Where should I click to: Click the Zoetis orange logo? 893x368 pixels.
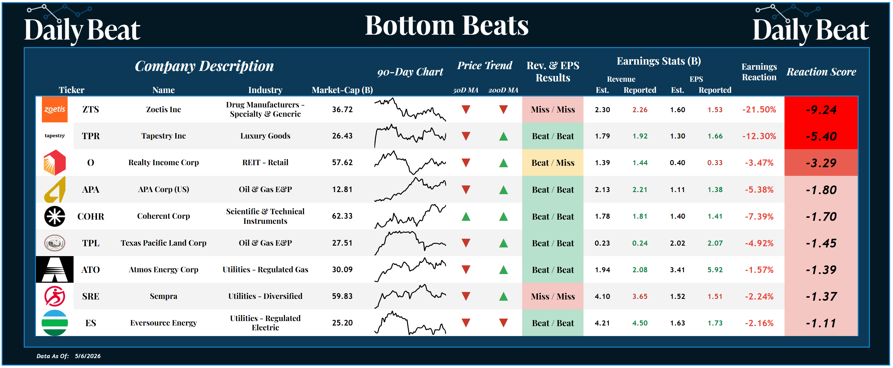(x=54, y=110)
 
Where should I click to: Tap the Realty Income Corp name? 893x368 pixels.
(x=163, y=163)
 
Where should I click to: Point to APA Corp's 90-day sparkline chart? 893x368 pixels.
(x=410, y=189)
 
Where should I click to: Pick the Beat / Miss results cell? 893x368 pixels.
(x=553, y=163)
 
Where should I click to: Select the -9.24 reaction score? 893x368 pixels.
(x=821, y=110)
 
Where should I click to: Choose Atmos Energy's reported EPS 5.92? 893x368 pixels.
(x=715, y=270)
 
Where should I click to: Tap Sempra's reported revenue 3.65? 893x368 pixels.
(x=640, y=296)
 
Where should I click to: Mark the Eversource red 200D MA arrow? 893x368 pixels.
(x=503, y=323)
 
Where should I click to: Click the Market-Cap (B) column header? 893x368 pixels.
(x=342, y=90)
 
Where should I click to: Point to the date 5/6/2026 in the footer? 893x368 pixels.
(x=88, y=356)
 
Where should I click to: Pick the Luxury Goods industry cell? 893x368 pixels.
(x=265, y=136)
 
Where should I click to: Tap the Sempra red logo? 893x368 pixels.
(x=54, y=296)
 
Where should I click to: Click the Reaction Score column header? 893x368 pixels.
(x=821, y=72)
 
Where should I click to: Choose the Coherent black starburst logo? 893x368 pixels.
(x=54, y=216)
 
